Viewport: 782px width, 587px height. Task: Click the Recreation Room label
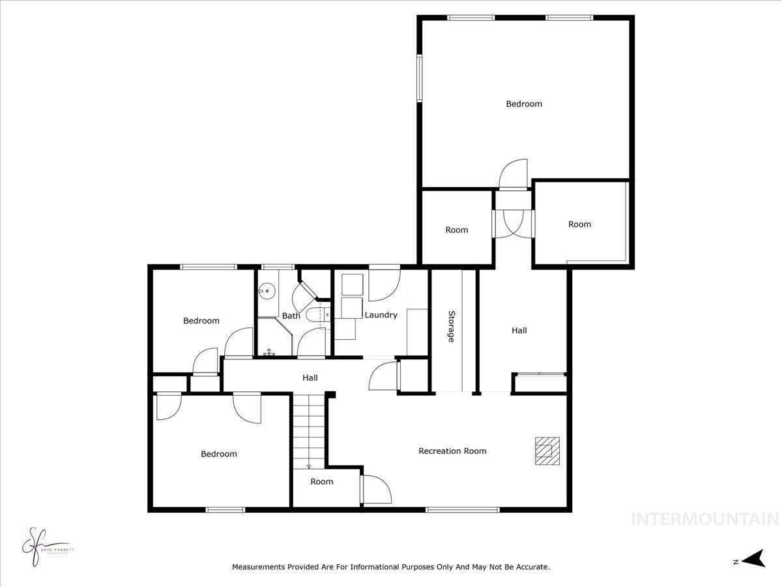[452, 451]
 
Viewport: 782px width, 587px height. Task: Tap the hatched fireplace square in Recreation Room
[545, 451]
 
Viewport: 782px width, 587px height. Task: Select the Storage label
[451, 326]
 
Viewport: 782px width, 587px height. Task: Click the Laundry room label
[381, 315]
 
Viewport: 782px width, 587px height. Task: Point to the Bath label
[291, 316]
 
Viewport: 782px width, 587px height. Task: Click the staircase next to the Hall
[308, 430]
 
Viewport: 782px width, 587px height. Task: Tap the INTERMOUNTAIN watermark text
[706, 520]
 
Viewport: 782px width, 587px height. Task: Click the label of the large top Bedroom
[524, 104]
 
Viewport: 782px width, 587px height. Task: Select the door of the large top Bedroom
[514, 174]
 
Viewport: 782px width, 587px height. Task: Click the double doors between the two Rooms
[514, 224]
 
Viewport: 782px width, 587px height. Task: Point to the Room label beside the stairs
[322, 482]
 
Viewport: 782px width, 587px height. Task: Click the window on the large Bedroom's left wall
[420, 78]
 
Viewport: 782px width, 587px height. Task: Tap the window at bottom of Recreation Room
[462, 509]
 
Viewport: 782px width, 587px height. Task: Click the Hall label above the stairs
[310, 378]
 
